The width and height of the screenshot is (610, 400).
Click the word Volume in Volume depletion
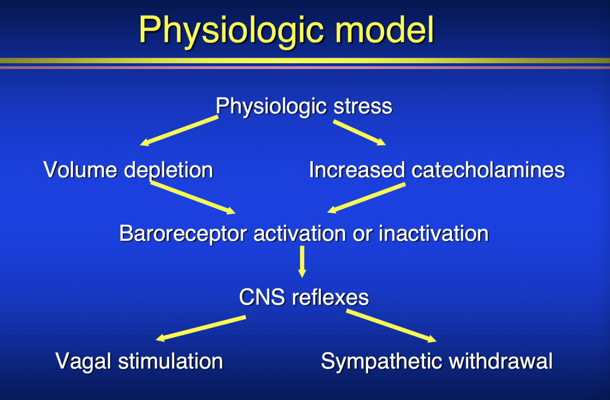point(80,170)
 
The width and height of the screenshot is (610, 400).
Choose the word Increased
point(357,170)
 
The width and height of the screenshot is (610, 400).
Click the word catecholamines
point(488,170)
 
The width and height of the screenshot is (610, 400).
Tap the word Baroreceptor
point(183,234)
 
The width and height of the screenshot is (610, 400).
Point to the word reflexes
point(330,297)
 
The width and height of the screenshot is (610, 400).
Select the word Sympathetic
point(382,362)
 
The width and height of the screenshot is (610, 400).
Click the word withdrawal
point(501,361)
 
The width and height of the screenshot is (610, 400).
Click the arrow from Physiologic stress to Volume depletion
point(179,131)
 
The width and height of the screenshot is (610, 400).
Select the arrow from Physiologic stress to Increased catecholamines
point(359,133)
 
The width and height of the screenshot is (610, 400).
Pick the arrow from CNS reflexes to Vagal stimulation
point(201,329)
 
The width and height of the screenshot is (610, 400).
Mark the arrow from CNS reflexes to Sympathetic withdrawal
point(391,326)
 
